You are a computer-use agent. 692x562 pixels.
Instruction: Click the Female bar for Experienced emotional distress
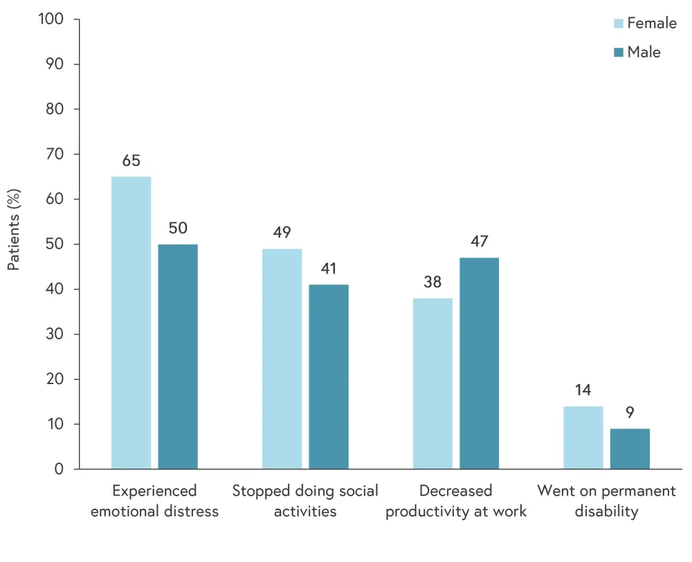click(131, 323)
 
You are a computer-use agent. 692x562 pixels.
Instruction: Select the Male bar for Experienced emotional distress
click(178, 356)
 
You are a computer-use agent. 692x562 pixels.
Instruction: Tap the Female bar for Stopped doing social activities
click(282, 359)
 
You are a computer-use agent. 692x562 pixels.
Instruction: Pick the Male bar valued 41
click(329, 377)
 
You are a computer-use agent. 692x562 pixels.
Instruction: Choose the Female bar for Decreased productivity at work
click(432, 383)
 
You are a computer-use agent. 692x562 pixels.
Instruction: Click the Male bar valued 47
click(479, 363)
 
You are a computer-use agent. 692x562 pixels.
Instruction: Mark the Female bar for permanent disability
click(583, 437)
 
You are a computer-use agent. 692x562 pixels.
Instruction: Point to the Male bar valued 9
click(630, 448)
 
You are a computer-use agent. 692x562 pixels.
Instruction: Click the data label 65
click(131, 161)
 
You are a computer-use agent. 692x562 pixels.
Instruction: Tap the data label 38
click(432, 282)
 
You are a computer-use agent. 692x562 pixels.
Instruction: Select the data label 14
click(583, 390)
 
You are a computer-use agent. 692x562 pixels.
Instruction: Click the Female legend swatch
click(619, 24)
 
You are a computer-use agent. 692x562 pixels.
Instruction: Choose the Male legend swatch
click(619, 53)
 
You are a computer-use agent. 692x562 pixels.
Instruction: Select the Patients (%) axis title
click(14, 228)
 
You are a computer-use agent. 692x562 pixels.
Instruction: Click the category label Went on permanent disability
click(606, 501)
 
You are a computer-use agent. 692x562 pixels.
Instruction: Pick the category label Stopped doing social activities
click(305, 501)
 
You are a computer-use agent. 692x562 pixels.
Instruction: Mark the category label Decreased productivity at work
click(456, 501)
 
